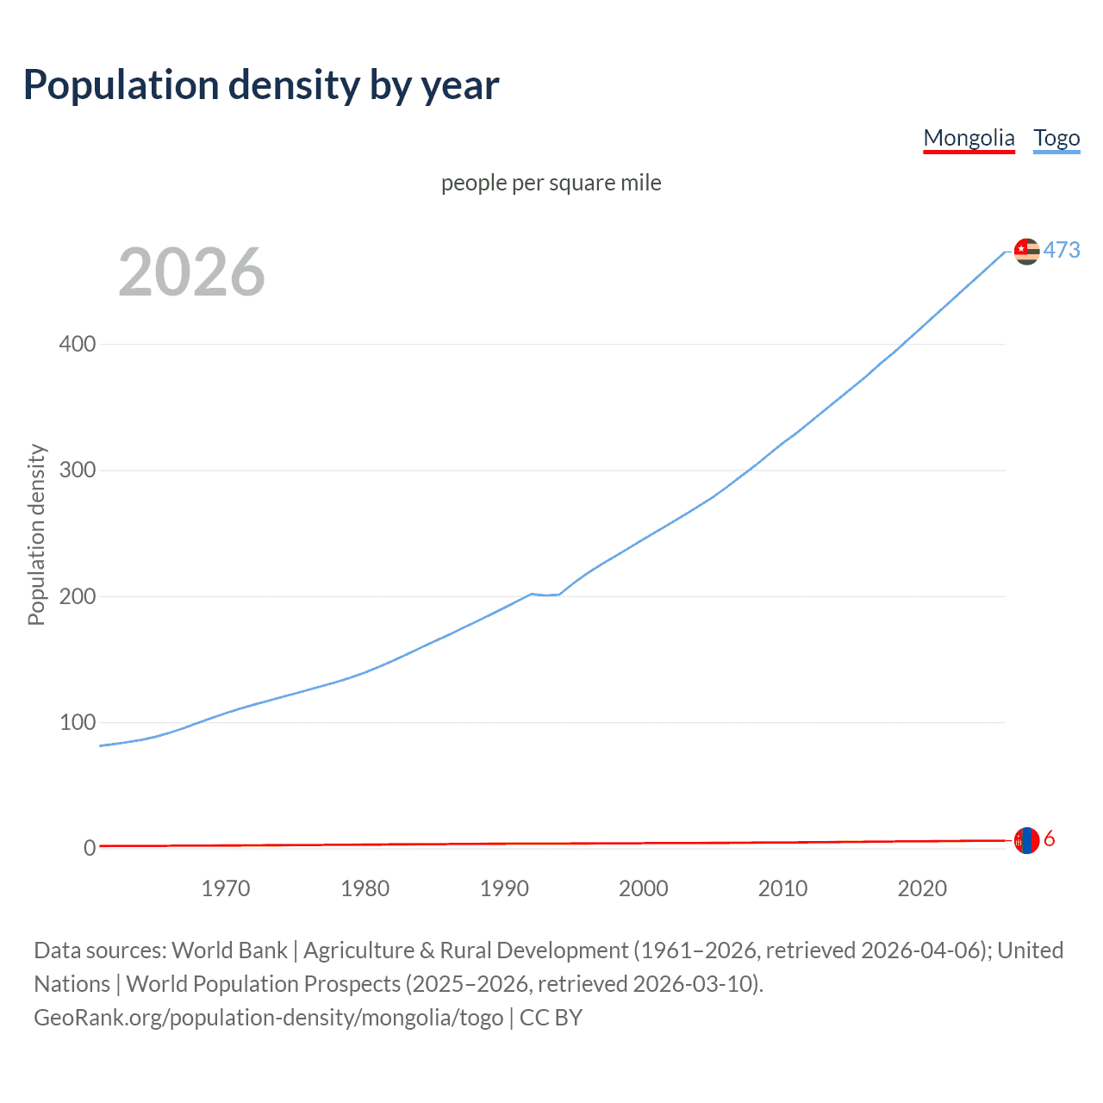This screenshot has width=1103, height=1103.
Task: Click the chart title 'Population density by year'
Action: pyautogui.click(x=261, y=85)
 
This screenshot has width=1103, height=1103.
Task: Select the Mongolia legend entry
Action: pyautogui.click(x=969, y=138)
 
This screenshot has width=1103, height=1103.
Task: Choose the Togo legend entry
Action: pyautogui.click(x=1056, y=138)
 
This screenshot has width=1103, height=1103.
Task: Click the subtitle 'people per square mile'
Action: pyautogui.click(x=551, y=183)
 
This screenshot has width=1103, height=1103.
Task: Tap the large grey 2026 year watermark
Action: pyautogui.click(x=191, y=272)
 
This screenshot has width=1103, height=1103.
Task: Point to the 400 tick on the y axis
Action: pyautogui.click(x=78, y=344)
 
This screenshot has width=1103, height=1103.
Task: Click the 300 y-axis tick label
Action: pyautogui.click(x=78, y=470)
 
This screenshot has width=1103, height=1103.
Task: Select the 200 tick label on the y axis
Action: pyautogui.click(x=78, y=596)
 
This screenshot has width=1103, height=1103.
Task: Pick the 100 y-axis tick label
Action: pyautogui.click(x=78, y=722)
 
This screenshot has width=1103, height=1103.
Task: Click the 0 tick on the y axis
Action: pyautogui.click(x=90, y=848)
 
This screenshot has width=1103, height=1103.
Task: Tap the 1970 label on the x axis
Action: pyautogui.click(x=226, y=888)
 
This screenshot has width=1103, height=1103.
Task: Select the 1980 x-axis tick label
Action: pyautogui.click(x=365, y=888)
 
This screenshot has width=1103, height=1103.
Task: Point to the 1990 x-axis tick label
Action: pyautogui.click(x=504, y=888)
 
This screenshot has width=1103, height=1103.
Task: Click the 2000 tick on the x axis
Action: pyautogui.click(x=644, y=888)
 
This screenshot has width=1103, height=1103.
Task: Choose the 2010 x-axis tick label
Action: pyautogui.click(x=782, y=888)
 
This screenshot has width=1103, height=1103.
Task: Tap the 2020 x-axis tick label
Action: pyautogui.click(x=922, y=888)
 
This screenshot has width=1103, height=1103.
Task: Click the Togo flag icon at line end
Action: pyautogui.click(x=1026, y=251)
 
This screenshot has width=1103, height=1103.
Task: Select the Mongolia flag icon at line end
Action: pyautogui.click(x=1026, y=840)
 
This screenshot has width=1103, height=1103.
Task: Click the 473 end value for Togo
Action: pyautogui.click(x=1062, y=250)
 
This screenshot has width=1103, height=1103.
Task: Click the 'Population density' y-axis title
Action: pyautogui.click(x=36, y=534)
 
